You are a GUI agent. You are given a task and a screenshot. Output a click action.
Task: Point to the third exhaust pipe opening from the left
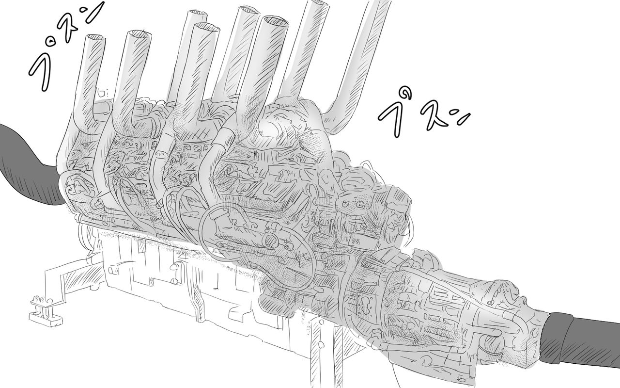[198, 15]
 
